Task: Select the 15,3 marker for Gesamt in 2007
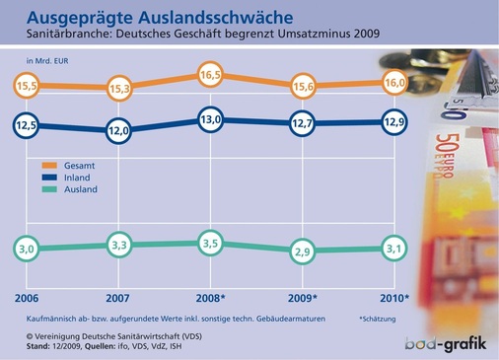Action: coord(118,90)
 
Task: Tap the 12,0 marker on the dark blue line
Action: coord(118,130)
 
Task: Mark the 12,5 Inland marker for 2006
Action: coord(27,125)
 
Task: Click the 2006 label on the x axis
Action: coord(27,298)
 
